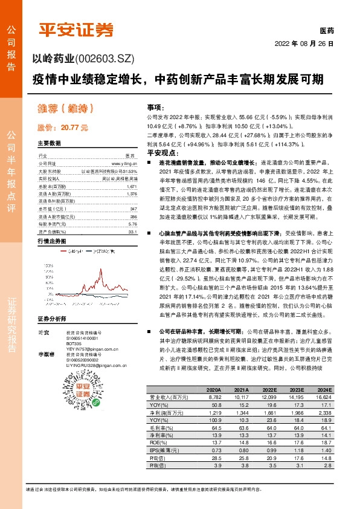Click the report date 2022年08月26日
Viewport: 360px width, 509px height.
tap(304, 44)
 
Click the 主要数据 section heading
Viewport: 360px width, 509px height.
tap(50, 144)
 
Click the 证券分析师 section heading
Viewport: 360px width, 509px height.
tap(51, 319)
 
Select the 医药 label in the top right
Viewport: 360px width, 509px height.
tap(326, 31)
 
